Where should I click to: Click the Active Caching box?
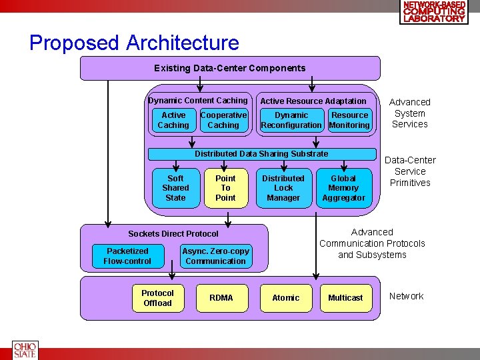point(173,120)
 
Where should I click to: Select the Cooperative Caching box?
point(223,120)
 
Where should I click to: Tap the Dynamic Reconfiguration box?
point(291,120)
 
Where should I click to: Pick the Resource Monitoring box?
point(349,120)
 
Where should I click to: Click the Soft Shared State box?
point(175,188)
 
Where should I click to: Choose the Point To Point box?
point(225,188)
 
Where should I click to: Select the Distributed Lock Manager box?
point(283,188)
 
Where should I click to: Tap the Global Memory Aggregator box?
point(343,188)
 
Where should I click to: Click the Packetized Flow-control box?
point(127,256)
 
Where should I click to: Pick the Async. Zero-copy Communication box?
point(215,256)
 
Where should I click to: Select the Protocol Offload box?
point(157,298)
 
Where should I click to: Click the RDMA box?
point(221,298)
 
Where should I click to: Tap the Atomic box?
point(286,298)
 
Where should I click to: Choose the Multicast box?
point(345,298)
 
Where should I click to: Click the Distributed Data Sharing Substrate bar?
point(261,154)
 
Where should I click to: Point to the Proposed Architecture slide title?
point(134,43)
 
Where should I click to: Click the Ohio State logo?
point(25,351)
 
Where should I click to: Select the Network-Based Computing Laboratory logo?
point(435,12)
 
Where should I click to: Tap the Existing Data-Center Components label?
point(230,68)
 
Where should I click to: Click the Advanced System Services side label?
point(410,113)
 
